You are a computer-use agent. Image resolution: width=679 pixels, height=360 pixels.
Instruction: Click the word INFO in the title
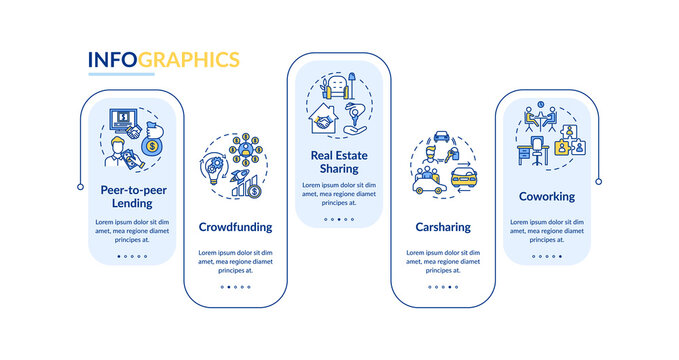tap(112, 59)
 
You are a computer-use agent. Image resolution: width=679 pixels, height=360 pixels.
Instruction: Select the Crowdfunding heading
tap(235, 227)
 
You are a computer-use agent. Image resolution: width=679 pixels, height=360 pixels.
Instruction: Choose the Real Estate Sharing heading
tap(337, 162)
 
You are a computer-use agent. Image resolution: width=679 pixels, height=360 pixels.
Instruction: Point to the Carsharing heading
tap(443, 227)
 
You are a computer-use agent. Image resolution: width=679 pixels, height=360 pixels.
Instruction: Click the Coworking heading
tap(546, 196)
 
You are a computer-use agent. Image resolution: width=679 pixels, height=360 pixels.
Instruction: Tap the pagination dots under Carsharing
tap(443, 287)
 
